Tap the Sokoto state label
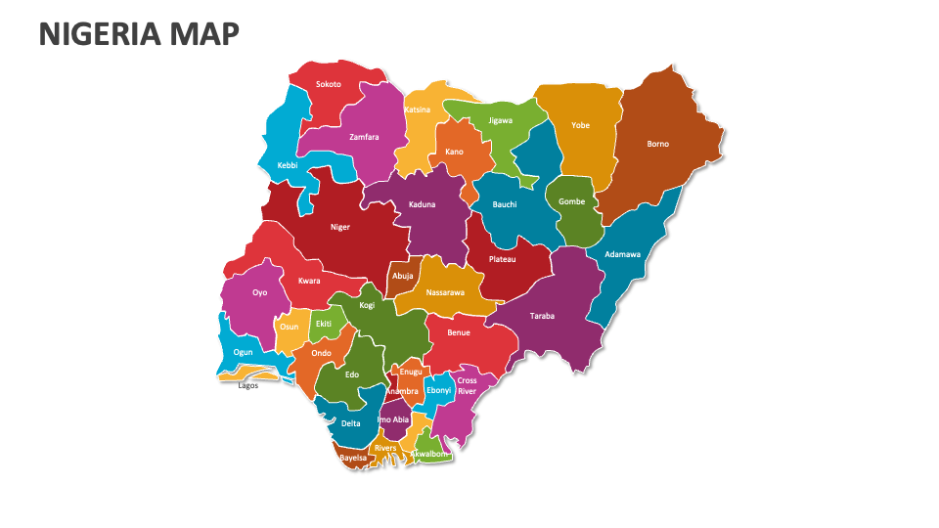tap(329, 84)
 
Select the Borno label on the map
tap(658, 144)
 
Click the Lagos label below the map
tap(248, 384)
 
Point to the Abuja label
tap(403, 276)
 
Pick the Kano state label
tap(454, 152)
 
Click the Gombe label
tap(571, 201)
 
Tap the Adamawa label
tap(623, 254)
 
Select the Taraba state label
tap(542, 316)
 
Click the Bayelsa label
tap(353, 457)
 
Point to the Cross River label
tap(468, 385)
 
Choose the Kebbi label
tap(288, 165)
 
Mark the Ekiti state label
tap(324, 324)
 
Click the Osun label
tap(290, 327)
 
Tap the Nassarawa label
tap(446, 291)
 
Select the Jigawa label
tap(501, 120)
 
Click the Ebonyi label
tap(439, 390)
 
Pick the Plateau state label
tap(503, 259)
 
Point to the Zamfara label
tap(364, 137)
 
